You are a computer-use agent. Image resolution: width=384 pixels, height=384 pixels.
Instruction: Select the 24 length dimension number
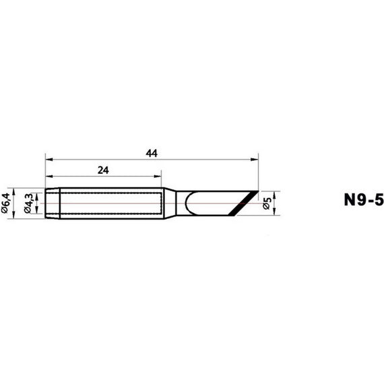coord(103,170)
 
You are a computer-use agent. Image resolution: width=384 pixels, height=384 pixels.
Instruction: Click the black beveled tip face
coord(245,203)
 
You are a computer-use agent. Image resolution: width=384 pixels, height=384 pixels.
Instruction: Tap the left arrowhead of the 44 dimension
coord(49,160)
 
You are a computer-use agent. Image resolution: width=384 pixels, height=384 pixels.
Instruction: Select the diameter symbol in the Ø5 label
coord(267,208)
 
